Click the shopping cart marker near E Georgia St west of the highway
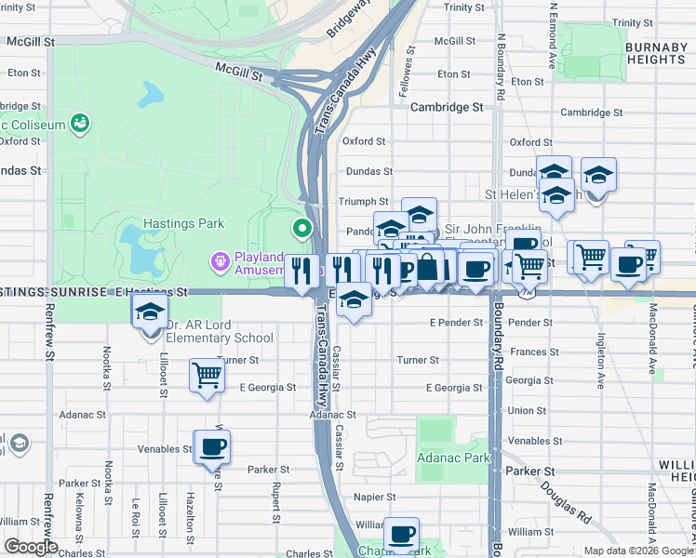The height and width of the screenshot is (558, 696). pyautogui.click(x=207, y=377)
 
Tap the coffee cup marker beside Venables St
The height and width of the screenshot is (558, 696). pyautogui.click(x=212, y=447)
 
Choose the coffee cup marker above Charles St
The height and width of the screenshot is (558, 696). pyautogui.click(x=401, y=535)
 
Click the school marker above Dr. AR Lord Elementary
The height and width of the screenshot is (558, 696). pyautogui.click(x=149, y=313)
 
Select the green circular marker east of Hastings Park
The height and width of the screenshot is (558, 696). pyautogui.click(x=302, y=228)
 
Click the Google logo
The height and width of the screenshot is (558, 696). pyautogui.click(x=32, y=547)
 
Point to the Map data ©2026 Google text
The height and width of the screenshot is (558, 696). pyautogui.click(x=638, y=551)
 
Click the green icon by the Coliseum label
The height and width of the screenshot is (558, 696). pyautogui.click(x=81, y=123)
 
